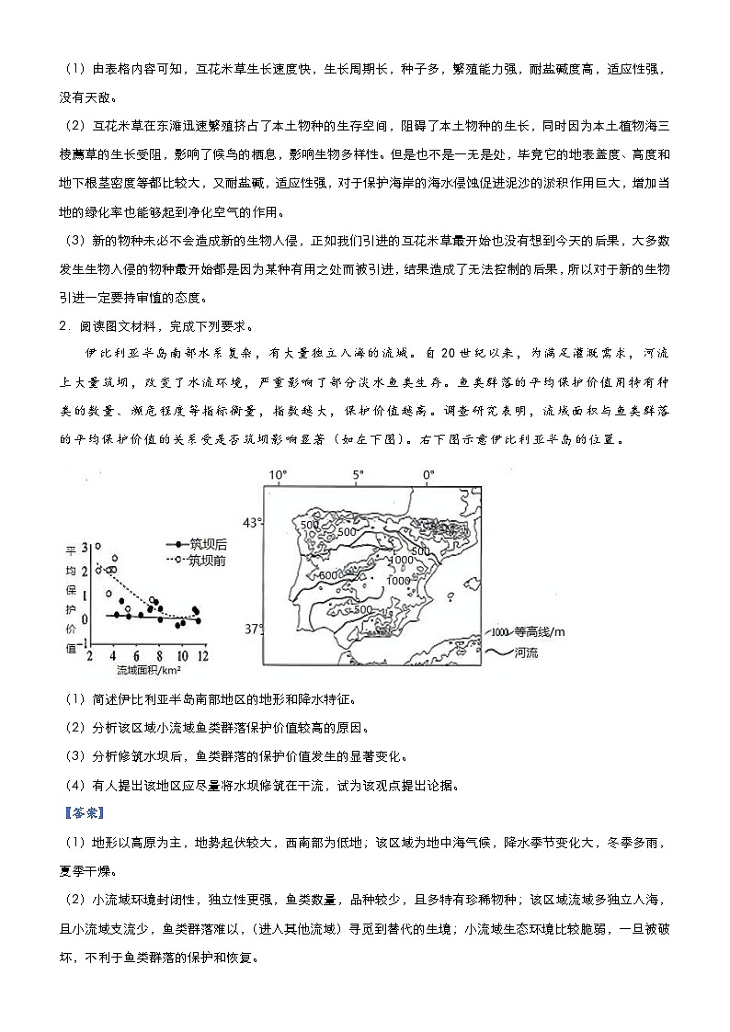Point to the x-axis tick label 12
203,656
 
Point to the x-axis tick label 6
136,656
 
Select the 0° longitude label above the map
428,476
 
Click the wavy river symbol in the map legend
496,652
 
